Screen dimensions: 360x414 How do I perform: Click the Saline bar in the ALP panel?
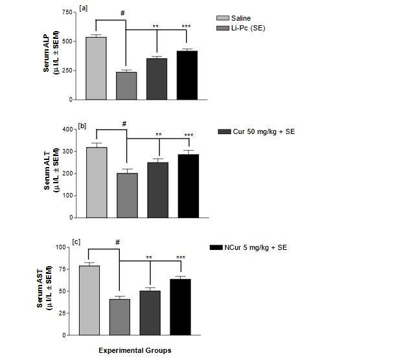tap(96, 68)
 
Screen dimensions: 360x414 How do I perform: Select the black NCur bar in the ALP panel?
tap(187, 75)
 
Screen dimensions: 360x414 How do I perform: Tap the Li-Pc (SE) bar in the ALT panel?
tap(126, 195)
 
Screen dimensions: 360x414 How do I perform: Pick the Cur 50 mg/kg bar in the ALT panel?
tap(157, 190)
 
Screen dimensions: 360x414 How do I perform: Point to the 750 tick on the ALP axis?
tap(65, 13)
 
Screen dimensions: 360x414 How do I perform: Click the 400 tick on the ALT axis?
tap(65, 129)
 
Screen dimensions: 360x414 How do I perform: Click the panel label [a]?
tap(83, 8)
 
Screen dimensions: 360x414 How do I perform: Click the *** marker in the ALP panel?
tap(186, 27)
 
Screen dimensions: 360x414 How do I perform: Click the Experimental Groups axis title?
tap(135, 350)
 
